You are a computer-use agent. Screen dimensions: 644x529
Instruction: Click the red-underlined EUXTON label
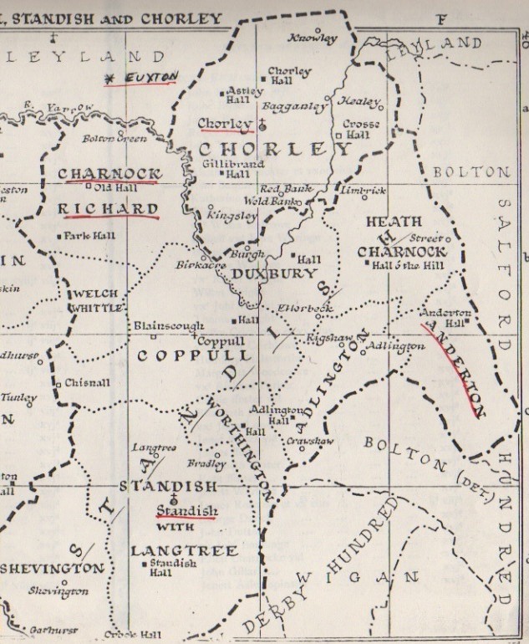click(150, 78)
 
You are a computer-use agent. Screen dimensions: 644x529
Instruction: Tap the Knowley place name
click(313, 38)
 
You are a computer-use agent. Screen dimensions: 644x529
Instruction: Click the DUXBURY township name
click(263, 273)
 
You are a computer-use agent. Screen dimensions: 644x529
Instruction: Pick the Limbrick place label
click(364, 191)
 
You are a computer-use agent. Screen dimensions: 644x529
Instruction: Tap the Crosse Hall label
click(361, 130)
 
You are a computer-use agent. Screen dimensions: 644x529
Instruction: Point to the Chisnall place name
click(84, 384)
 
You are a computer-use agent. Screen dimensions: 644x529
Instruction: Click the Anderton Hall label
click(443, 318)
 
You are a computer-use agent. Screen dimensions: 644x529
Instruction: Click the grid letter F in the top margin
click(442, 18)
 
